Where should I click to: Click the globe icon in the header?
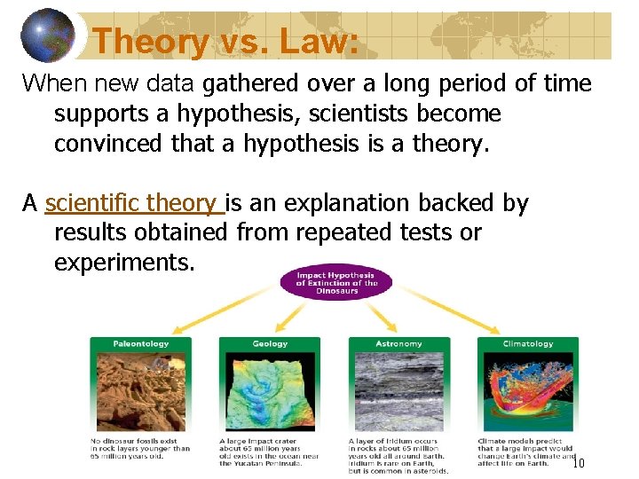48,35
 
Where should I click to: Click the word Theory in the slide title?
149,41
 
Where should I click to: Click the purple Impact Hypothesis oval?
335,282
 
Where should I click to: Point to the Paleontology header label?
140,344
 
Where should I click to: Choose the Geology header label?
270,344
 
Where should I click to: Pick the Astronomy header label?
399,344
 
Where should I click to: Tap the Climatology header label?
528,344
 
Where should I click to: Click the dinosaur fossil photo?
140,390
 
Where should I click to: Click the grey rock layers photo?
399,390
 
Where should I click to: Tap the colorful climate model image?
528,390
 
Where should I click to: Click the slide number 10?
578,463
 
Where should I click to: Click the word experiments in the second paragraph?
123,263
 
